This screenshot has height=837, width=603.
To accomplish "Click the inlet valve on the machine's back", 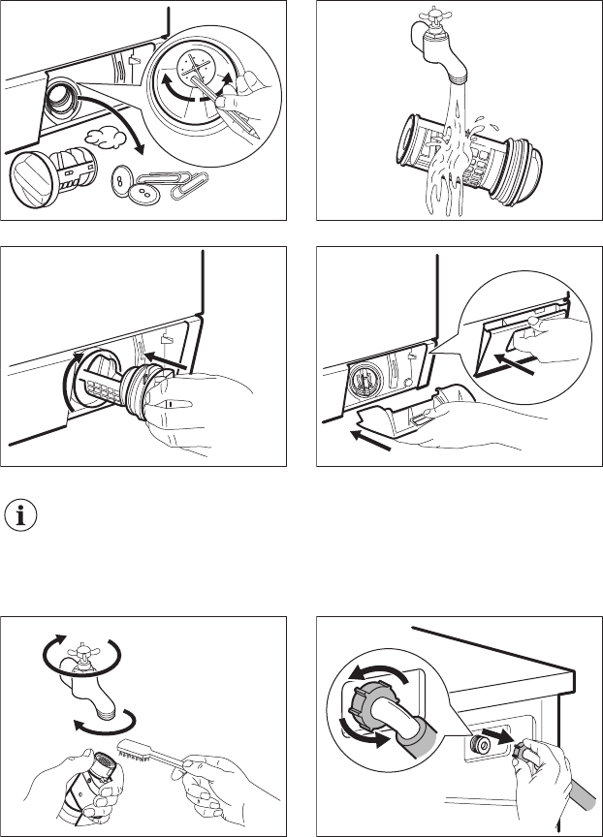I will pos(479,744).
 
